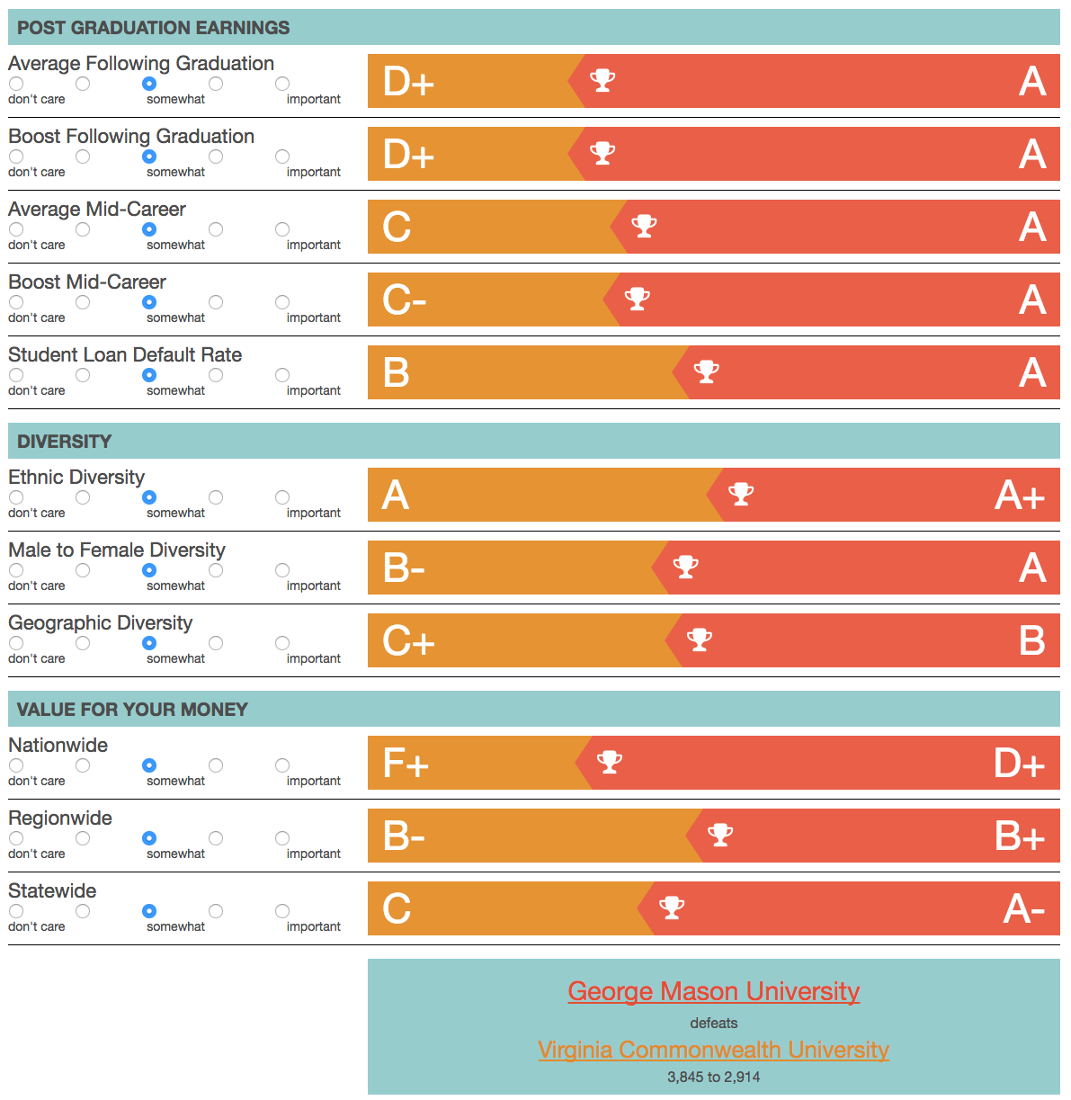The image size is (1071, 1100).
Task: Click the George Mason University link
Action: coord(713,991)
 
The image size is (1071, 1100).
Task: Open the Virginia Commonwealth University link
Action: coord(713,1050)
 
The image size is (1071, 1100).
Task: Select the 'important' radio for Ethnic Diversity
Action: coord(282,497)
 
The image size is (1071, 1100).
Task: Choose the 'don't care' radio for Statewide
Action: coord(16,911)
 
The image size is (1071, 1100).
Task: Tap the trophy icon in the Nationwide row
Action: coord(610,762)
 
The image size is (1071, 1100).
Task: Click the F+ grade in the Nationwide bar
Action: coord(406,764)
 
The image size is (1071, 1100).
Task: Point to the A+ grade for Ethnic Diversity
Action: coord(1020,496)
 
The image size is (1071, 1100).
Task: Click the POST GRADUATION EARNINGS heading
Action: coord(154,28)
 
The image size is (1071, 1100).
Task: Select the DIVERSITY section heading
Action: coord(65,442)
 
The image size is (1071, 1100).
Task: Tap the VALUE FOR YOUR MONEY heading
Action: coord(132,710)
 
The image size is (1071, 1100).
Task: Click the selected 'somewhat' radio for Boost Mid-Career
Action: coord(149,302)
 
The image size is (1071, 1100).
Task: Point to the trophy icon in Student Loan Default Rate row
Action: coord(707,371)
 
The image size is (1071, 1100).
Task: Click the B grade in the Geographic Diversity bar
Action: coord(1031,641)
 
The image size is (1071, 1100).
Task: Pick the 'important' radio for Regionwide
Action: coord(282,838)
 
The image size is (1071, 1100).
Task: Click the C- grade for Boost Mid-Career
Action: coord(404,300)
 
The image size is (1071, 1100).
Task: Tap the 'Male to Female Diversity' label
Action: coord(117,550)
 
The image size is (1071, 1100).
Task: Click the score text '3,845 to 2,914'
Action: coord(713,1077)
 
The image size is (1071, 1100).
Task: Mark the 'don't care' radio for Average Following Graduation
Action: coord(16,84)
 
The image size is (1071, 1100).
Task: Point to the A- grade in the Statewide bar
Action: coord(1023,909)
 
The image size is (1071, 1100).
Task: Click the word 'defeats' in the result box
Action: coord(713,1023)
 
